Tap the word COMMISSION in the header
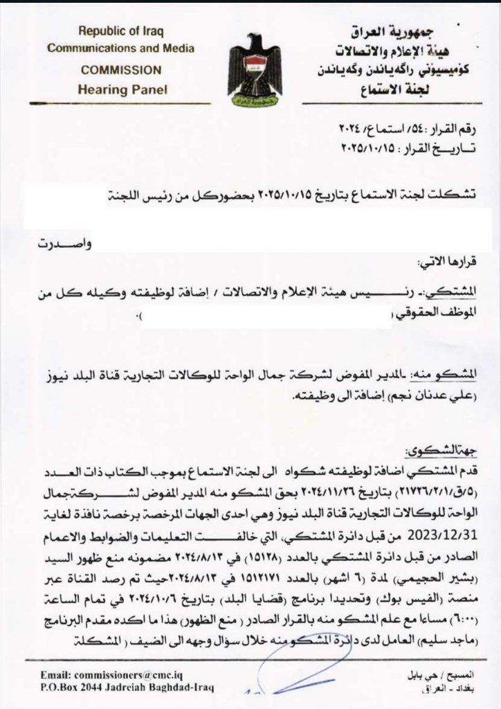click(122, 71)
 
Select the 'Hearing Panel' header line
click(122, 89)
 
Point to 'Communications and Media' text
click(120, 48)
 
